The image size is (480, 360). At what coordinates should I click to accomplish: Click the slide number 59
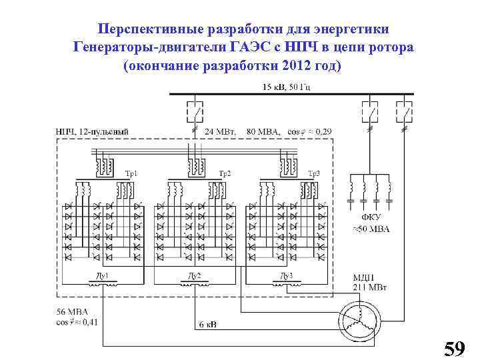454,348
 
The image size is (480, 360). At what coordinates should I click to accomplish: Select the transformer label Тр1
131,173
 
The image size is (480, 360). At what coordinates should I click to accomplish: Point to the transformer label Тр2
225,173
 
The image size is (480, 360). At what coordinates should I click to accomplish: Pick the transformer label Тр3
313,173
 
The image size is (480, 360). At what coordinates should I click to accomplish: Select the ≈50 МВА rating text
371,229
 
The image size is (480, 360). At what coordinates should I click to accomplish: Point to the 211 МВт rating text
370,288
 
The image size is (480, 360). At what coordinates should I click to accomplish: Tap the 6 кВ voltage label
208,325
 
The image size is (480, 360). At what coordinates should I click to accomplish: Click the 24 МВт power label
220,131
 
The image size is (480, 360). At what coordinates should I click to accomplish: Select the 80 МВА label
264,131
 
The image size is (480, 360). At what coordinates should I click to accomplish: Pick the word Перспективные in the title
154,30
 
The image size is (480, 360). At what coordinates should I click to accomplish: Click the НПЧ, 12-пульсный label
91,131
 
